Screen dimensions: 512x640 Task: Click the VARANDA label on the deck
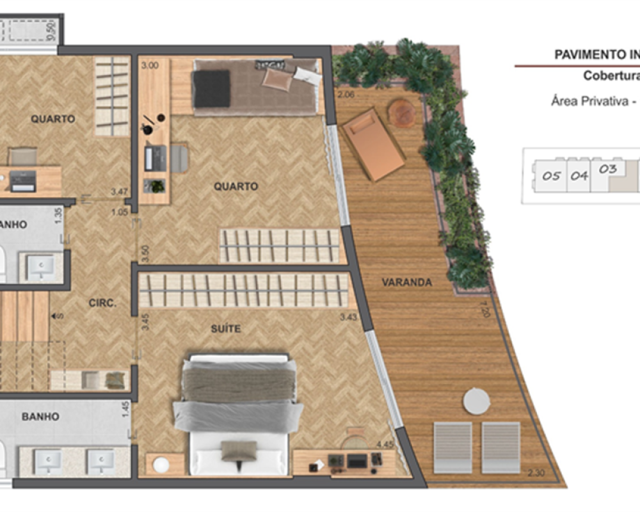point(406,282)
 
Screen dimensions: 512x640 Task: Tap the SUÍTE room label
point(226,328)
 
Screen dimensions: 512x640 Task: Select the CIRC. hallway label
point(102,303)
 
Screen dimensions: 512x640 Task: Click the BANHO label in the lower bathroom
point(40,417)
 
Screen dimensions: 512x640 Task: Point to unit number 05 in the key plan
point(551,176)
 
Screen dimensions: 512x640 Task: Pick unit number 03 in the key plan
point(608,170)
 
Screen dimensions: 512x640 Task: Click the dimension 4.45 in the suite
point(385,444)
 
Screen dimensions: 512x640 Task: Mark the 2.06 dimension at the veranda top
point(346,95)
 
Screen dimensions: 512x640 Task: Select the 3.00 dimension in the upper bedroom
point(150,65)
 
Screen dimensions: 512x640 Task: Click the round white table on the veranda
point(476,401)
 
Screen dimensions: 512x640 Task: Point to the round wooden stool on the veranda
point(402,113)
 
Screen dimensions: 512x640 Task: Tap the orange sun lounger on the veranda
point(373,145)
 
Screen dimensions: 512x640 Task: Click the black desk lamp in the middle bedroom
point(150,125)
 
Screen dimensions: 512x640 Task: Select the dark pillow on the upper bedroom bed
point(212,88)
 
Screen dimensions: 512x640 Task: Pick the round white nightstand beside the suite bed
point(160,463)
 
